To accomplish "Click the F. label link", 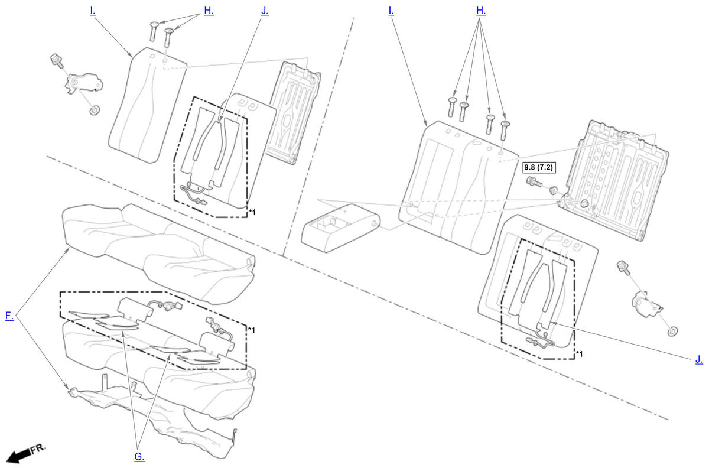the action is pos(9,316).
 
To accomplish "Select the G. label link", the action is pos(139,457).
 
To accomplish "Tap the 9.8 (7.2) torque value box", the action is pos(539,167).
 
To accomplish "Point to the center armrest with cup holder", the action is pos(340,228).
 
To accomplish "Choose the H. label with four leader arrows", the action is pos(481,11).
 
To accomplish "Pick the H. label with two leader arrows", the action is pos(209,11).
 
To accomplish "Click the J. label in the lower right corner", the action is pos(699,359).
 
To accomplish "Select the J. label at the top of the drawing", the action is pos(265,11).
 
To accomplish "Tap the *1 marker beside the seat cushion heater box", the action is pos(251,330).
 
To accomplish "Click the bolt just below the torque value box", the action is pos(534,182).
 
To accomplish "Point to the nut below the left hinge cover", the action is pos(94,110).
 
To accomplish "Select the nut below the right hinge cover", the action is pos(672,331).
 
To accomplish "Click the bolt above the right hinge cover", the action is pos(623,268).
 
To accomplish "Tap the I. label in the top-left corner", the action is pos(92,11).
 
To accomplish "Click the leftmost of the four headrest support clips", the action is pos(451,107).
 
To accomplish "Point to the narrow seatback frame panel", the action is pos(293,112).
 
